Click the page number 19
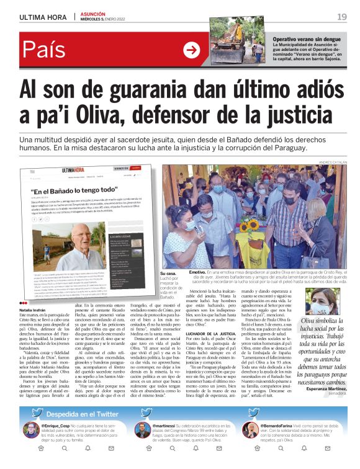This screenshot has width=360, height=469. (342, 16)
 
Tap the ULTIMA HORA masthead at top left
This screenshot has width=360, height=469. (44, 17)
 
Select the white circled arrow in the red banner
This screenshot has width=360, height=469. (192, 51)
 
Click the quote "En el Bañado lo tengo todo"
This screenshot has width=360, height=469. (74, 190)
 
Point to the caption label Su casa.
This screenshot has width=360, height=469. (168, 273)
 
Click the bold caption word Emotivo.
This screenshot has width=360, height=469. (197, 272)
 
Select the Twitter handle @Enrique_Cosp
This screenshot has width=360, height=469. (57, 427)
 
